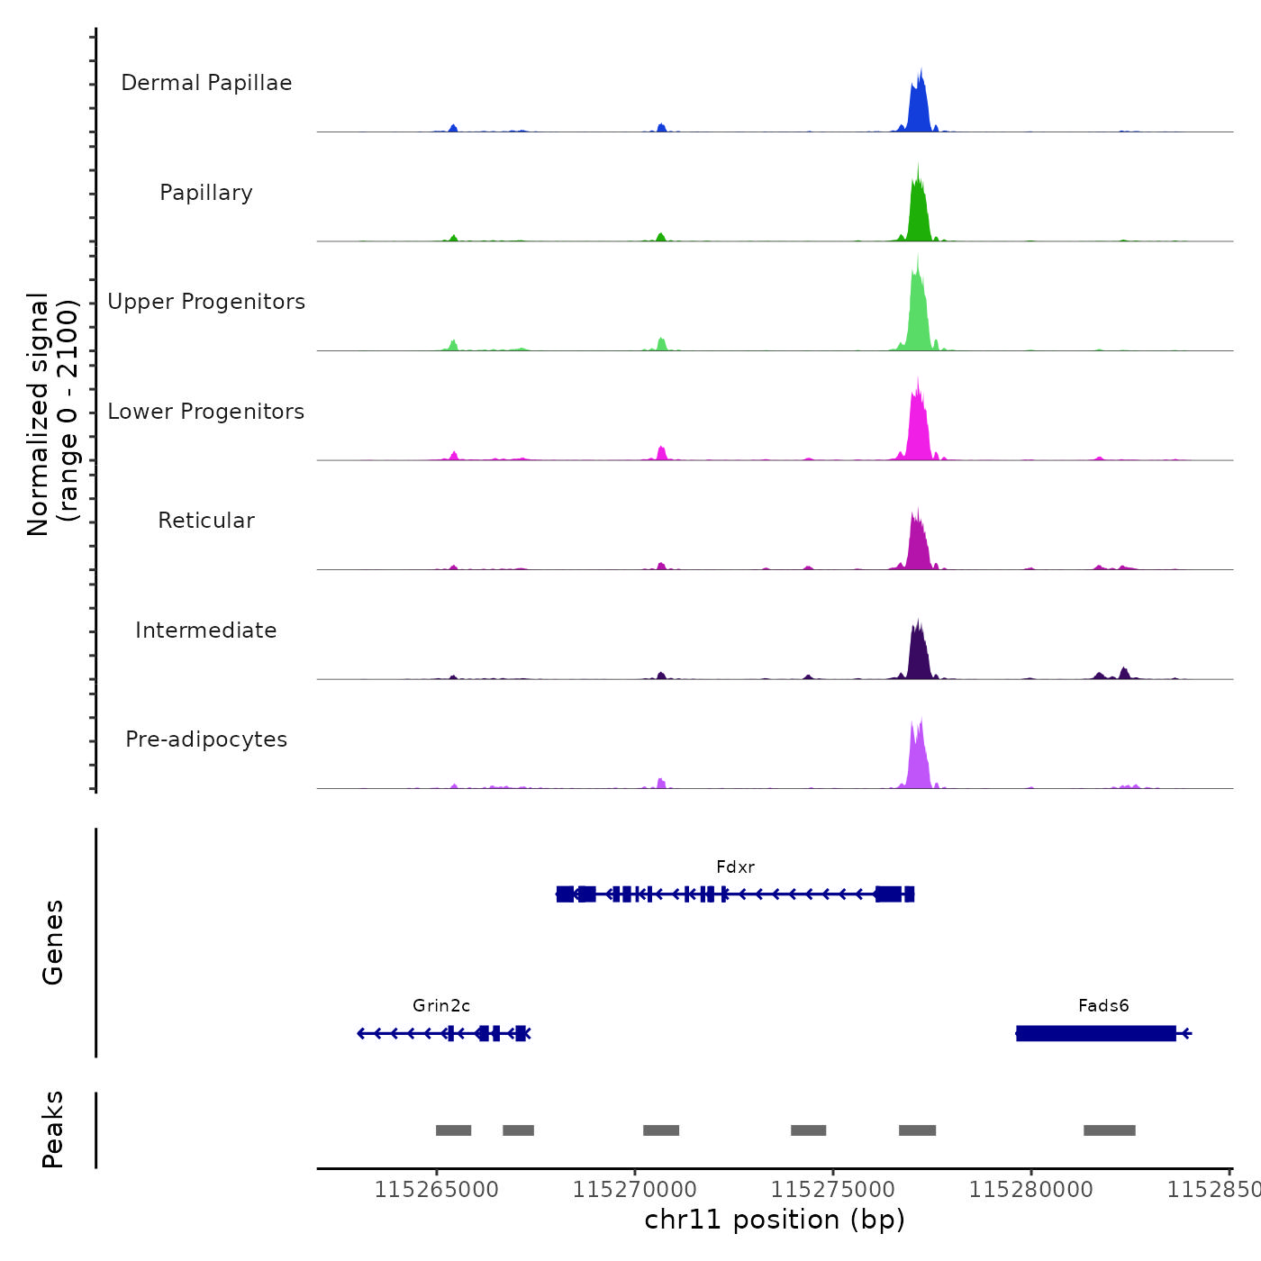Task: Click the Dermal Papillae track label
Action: [x=206, y=83]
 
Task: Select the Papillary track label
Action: [x=206, y=193]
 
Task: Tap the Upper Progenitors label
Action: [x=206, y=302]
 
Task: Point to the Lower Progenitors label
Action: [x=206, y=412]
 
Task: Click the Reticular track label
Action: [x=206, y=521]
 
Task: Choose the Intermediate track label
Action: [x=206, y=630]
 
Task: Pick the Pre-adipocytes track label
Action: [x=206, y=739]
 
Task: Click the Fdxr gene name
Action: [x=735, y=867]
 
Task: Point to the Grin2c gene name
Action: [x=441, y=1006]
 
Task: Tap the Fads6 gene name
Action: [x=1103, y=1006]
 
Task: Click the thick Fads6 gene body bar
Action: [x=1095, y=1033]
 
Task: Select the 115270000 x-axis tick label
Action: [x=635, y=1190]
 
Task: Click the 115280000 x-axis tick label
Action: [x=1031, y=1190]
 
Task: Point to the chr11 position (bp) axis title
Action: [x=775, y=1220]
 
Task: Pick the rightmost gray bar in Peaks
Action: [x=1109, y=1130]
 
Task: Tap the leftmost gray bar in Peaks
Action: [x=453, y=1130]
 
